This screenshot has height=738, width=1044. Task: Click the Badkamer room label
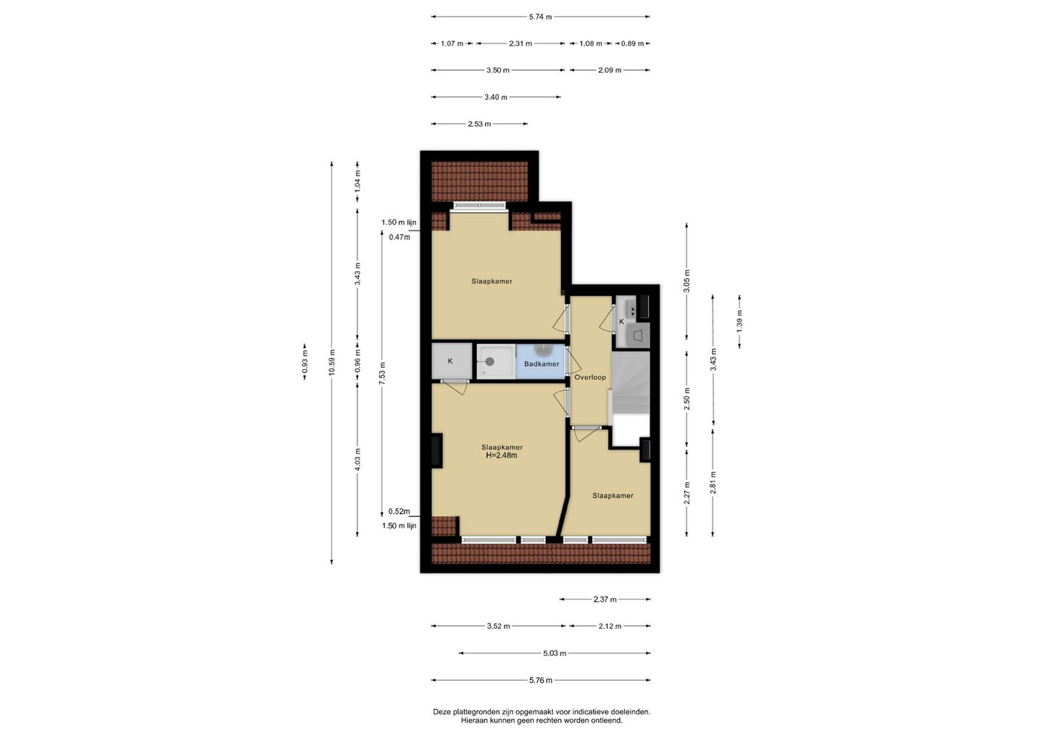[541, 364]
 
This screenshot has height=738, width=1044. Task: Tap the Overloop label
[590, 378]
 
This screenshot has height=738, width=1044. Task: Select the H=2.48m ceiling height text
[502, 456]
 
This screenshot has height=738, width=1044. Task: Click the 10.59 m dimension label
[331, 362]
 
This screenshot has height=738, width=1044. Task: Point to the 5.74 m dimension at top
[540, 17]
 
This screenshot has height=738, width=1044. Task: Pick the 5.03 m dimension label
[555, 653]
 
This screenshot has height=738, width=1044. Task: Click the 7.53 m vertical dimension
[382, 373]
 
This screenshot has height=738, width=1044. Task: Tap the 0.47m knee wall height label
[399, 237]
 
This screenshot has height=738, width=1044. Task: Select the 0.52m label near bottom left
[399, 512]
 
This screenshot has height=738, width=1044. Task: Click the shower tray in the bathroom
[496, 362]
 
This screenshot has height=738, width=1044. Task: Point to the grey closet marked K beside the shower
[451, 361]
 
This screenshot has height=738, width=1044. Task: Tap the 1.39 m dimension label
[739, 321]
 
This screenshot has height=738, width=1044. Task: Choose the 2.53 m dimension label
[479, 124]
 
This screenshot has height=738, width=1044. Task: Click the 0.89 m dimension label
[632, 43]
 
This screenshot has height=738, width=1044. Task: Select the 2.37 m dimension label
[605, 600]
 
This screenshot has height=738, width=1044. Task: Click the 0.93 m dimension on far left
[304, 362]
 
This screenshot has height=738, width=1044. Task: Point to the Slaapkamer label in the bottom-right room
[613, 496]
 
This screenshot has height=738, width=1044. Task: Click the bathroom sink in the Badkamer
[542, 349]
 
